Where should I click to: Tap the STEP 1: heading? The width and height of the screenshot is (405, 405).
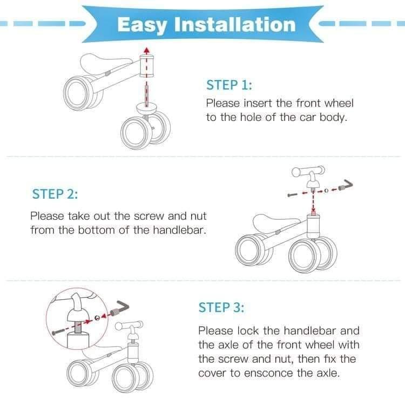coord(230,85)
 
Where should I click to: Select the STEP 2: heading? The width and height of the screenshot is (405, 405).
coord(55,194)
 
